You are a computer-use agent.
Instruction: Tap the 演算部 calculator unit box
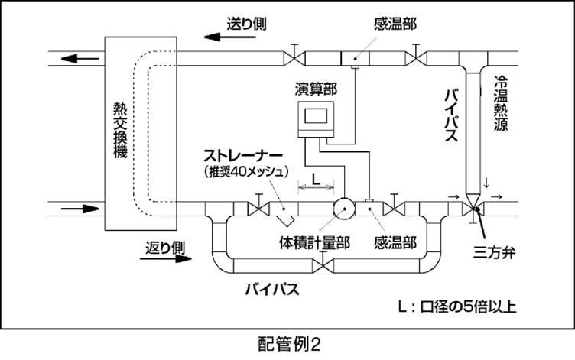[316, 118]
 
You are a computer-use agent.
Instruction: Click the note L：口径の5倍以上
[460, 308]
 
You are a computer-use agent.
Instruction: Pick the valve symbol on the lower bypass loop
[327, 264]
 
